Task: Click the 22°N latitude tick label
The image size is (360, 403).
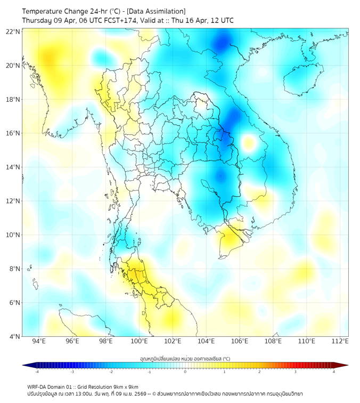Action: (x=13, y=31)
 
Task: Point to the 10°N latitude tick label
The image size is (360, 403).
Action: (x=13, y=235)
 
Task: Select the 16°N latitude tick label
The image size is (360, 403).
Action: (x=13, y=133)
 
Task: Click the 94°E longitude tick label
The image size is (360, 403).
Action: (x=39, y=341)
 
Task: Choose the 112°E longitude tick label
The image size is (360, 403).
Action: (x=340, y=341)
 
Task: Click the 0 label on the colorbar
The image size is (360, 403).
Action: (x=185, y=372)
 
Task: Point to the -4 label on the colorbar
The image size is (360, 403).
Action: (x=36, y=372)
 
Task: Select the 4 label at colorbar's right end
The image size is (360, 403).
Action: (x=334, y=372)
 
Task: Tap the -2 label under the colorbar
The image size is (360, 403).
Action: (x=110, y=372)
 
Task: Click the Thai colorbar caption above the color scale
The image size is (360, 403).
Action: (x=185, y=359)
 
